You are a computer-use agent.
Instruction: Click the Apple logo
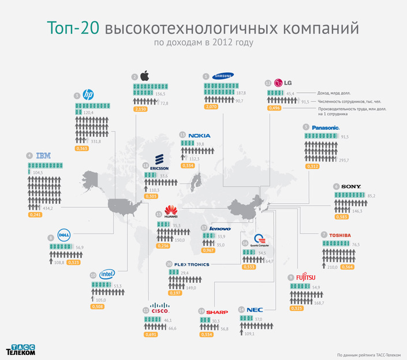(x=145, y=76)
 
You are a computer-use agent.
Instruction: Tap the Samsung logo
(x=222, y=75)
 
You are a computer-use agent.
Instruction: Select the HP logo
(x=88, y=95)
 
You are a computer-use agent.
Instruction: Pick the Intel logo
(x=107, y=275)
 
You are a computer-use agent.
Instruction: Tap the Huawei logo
(x=171, y=212)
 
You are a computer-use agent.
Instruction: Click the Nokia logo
(x=199, y=136)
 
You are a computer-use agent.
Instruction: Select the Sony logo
(x=351, y=186)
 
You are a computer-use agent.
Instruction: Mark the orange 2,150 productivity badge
(x=141, y=109)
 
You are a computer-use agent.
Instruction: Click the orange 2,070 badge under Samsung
(x=211, y=107)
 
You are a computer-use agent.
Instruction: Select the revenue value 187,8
(x=241, y=92)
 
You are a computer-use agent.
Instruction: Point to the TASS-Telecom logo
(x=21, y=348)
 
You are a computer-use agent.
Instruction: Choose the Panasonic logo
(x=325, y=127)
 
